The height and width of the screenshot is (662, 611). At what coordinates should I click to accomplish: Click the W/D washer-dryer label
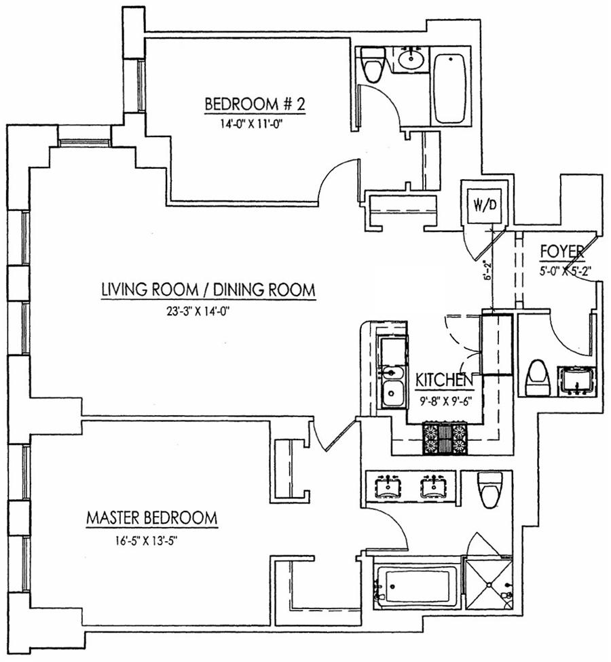click(484, 203)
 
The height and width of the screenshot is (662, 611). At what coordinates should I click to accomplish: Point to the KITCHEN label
click(444, 380)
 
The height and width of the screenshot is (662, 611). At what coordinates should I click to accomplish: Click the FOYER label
click(561, 251)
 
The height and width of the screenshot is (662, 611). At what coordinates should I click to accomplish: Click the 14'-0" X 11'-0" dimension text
click(253, 124)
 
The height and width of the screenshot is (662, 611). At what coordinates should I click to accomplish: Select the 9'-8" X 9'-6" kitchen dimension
click(445, 399)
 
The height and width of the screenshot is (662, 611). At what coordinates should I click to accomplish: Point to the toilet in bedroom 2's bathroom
click(373, 65)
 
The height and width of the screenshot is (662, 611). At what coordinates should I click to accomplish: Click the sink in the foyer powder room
click(575, 381)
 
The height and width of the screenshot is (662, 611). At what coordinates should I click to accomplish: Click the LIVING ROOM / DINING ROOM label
click(208, 290)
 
